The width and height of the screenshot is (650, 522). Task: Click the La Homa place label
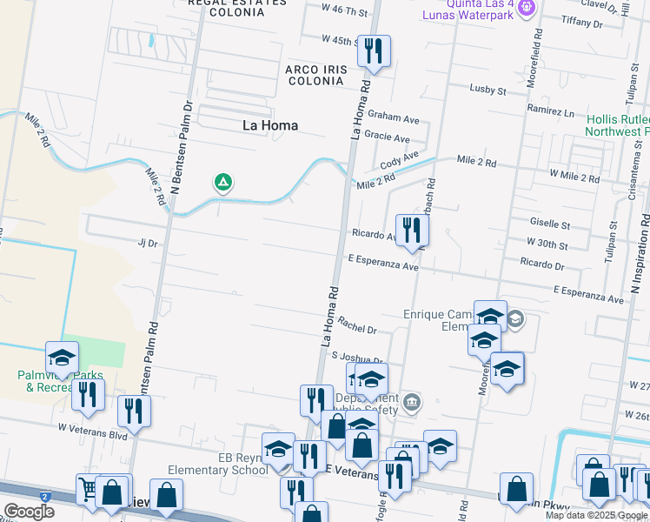coord(269,125)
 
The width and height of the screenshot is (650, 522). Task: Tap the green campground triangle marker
coord(223,183)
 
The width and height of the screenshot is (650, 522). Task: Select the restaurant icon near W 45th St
coord(374,51)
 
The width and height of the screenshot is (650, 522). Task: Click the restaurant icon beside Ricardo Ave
coord(412,231)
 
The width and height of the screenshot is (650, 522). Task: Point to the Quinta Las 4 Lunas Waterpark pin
coord(525,9)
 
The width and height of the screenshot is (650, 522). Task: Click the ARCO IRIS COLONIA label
coord(315,74)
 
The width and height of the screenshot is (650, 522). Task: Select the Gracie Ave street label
coord(387,138)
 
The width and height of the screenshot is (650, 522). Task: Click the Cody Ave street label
coord(399,160)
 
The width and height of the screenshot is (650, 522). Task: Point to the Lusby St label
coord(487,90)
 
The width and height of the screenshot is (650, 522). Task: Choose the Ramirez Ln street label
coord(550,112)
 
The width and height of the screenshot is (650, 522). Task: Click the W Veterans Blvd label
coord(93,427)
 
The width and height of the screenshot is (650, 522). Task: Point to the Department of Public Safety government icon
coord(413,402)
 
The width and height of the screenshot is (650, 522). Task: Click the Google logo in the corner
coord(29,511)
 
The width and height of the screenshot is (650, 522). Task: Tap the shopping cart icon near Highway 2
coord(89,490)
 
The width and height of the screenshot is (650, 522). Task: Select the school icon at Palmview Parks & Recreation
coord(62,358)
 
